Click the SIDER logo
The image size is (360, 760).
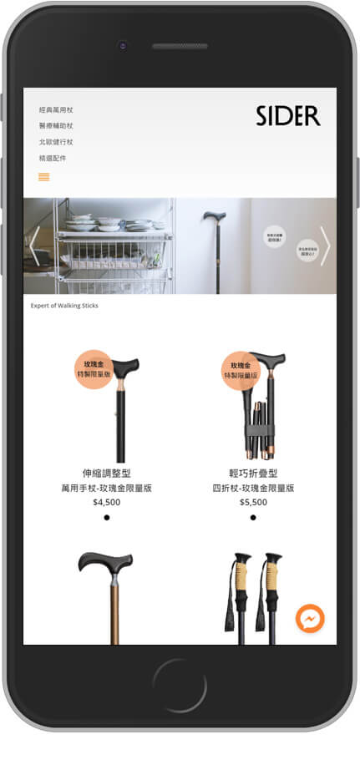coord(288,116)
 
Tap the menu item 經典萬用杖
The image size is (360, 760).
coord(56,109)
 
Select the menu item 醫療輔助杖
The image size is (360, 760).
coord(56,125)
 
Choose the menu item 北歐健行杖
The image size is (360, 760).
coord(56,141)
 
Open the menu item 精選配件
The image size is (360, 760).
coord(53,158)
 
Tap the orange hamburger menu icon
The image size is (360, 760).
coord(44,176)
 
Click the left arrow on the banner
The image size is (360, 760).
coord(34,246)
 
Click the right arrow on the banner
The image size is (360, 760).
coord(325,246)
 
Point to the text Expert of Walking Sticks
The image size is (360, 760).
coord(64,306)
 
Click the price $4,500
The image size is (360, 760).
coord(107,502)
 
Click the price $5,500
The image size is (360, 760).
coord(253,502)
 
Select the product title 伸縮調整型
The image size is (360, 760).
coord(107,474)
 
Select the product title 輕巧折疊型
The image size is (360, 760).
coord(253,474)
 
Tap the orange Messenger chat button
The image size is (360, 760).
coord(310,619)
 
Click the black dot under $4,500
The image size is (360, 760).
coord(107,518)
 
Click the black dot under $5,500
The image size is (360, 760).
coord(253,518)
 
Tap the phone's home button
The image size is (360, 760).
coord(180,686)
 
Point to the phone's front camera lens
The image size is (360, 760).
coord(122,45)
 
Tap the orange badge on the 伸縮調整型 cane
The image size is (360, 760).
coord(94,369)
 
